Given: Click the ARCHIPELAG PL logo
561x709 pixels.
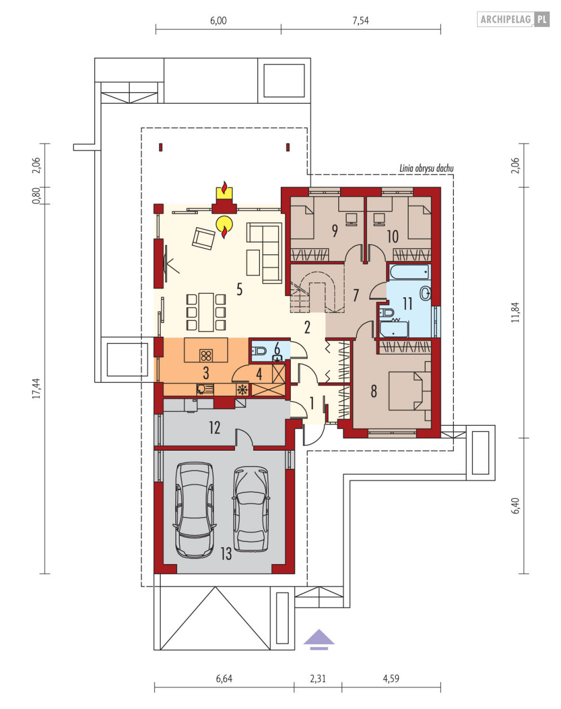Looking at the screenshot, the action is (x=513, y=19).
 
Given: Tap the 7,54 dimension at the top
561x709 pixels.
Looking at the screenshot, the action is (x=361, y=21).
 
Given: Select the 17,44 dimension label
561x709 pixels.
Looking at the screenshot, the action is (x=36, y=389).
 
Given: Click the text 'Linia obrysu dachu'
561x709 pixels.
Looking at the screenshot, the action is (x=426, y=168).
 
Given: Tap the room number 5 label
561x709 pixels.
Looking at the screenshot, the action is (x=240, y=289).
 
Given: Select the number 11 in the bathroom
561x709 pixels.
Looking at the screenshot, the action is (x=408, y=304).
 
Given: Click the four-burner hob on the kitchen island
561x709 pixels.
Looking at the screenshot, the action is (x=206, y=355).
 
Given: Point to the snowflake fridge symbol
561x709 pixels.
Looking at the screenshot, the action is (x=242, y=390).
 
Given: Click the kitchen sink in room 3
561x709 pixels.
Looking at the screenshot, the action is (x=205, y=390).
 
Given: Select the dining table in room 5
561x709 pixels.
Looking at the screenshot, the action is (x=206, y=312).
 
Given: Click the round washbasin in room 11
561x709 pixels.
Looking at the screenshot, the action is (x=425, y=293).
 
